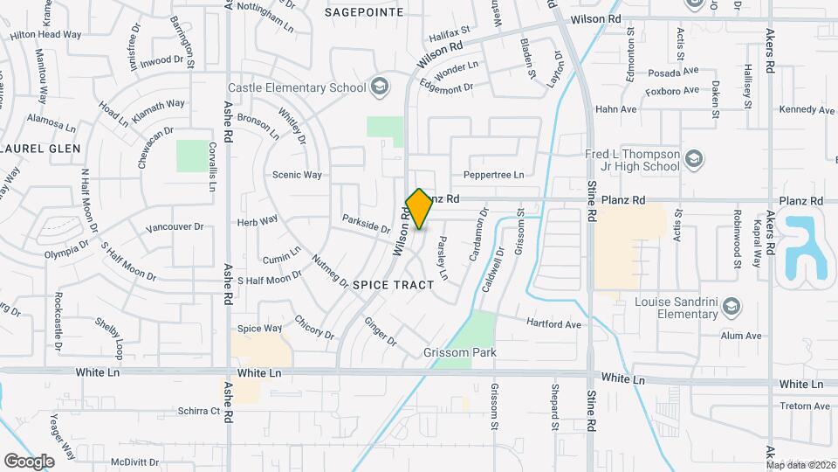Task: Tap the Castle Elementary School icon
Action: point(380,87)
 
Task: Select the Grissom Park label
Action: point(459,353)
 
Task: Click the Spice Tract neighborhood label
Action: point(394,286)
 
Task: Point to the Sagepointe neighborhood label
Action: point(364,12)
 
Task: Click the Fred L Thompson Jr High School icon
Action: point(694,158)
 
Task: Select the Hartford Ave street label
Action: point(553,323)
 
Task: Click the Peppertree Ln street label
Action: point(494,175)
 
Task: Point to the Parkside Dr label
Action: point(366,224)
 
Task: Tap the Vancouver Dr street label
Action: point(175,227)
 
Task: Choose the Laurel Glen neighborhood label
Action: point(41,149)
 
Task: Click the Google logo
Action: point(29,461)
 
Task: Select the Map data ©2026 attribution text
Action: point(800,464)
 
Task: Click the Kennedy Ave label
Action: point(807,110)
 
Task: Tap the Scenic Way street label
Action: point(298,175)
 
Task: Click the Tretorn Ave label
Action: point(805,406)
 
